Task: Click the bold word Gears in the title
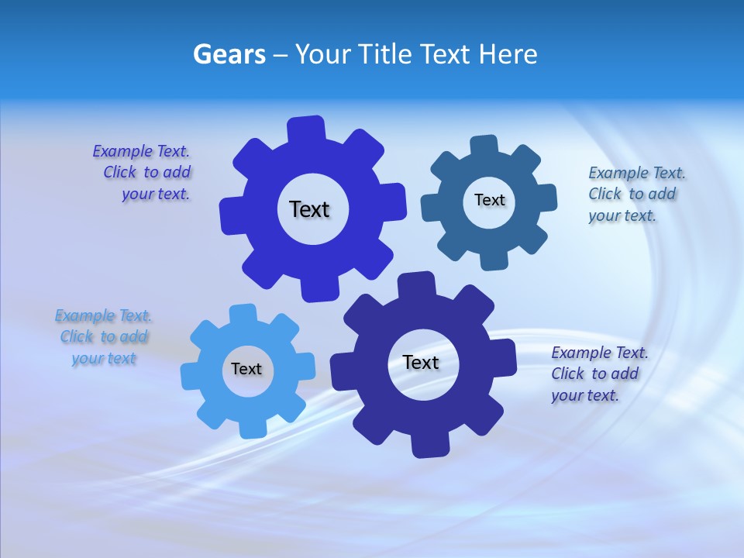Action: [229, 54]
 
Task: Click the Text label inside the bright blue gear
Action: [309, 209]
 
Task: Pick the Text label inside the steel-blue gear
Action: [489, 200]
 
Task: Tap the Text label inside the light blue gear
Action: [246, 369]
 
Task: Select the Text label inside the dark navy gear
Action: [421, 362]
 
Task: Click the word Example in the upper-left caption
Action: [122, 151]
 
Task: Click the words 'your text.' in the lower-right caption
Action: [585, 395]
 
